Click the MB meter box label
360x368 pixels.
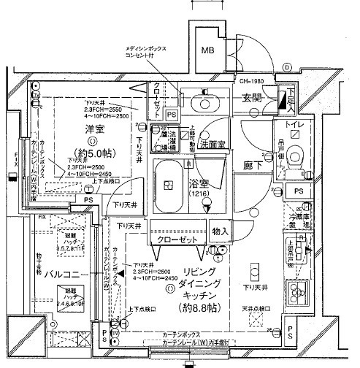pos(208,51)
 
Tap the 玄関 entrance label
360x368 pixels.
pos(252,98)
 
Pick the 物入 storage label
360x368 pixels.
pos(220,231)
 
